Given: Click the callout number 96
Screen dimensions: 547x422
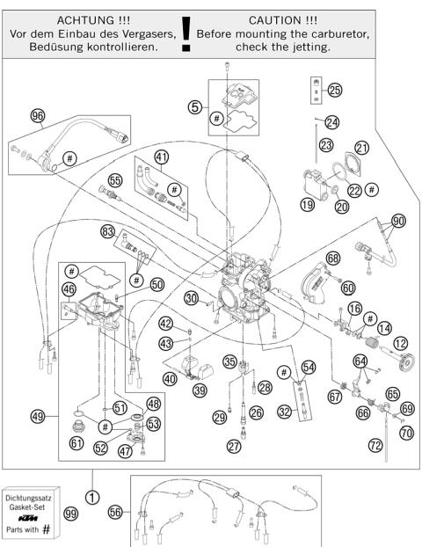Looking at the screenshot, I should (x=37, y=115).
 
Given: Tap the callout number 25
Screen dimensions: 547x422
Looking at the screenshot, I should (x=334, y=91).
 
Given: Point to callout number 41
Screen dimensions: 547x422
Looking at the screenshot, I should (x=161, y=157).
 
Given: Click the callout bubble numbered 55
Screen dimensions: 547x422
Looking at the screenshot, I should (x=113, y=180).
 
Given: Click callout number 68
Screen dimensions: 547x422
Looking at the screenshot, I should (x=332, y=259).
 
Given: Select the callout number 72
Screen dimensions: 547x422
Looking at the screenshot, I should (x=376, y=447).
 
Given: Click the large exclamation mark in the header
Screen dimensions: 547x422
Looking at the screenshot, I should (x=186, y=39).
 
